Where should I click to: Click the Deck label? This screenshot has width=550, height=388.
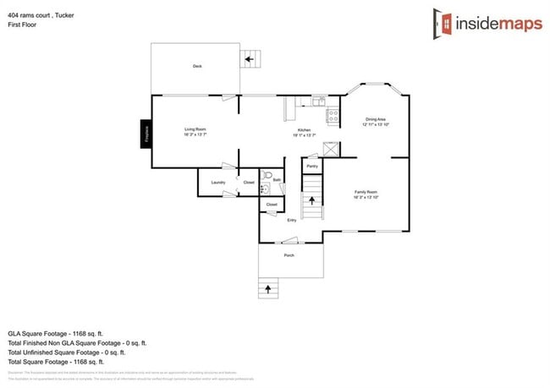[196, 66]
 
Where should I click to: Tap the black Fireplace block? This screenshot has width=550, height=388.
[146, 134]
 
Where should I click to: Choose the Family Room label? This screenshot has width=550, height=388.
[366, 194]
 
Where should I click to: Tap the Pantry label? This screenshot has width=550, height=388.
[312, 167]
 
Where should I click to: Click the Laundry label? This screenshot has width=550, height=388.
[217, 182]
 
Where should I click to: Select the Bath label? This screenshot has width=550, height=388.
[276, 180]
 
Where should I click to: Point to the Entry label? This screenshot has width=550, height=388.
[291, 220]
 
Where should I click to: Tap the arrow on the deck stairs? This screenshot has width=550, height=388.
[249, 59]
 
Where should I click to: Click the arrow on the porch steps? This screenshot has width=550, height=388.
[269, 288]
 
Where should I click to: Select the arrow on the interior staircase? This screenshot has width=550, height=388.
[312, 201]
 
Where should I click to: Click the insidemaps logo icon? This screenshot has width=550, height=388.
[441, 22]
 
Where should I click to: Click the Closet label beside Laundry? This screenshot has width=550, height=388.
[249, 182]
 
